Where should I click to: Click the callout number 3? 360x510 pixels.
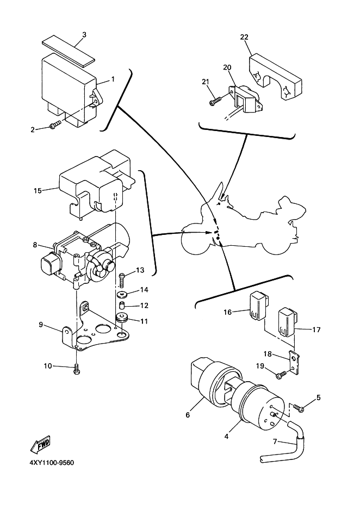tap(84, 35)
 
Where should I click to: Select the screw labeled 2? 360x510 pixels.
tap(54, 126)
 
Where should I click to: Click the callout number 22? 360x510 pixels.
tap(244, 37)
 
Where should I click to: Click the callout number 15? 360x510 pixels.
tap(37, 191)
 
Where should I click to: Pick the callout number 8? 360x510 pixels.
tap(35, 245)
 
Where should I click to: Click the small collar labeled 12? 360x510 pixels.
tap(121, 306)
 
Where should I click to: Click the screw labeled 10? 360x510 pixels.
tap(76, 370)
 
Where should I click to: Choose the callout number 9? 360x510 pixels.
tap(40, 325)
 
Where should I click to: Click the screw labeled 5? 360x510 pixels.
tap(298, 406)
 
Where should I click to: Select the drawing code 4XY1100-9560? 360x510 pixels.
tap(48, 463)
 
